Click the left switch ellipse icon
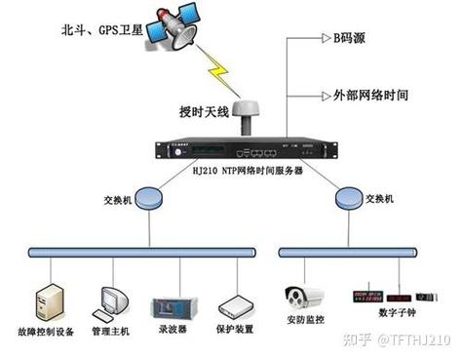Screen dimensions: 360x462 click(x=148, y=197)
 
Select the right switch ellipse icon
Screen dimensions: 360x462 click(x=348, y=197)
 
